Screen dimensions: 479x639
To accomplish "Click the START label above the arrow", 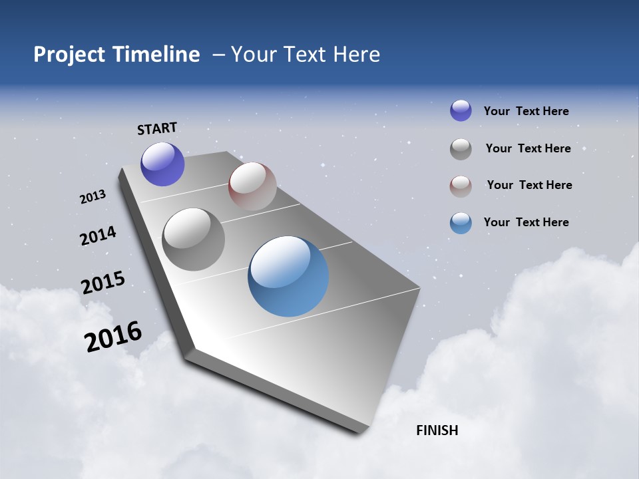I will tap(157, 128).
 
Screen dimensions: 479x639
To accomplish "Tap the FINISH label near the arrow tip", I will tap(437, 430).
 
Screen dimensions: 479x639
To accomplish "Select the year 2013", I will tap(93, 197).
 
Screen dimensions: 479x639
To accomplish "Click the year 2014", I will tap(98, 236).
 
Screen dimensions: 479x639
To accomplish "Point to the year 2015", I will tap(103, 283).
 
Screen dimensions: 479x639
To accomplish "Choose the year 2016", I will tap(113, 337).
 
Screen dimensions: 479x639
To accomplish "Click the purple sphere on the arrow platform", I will tap(162, 164).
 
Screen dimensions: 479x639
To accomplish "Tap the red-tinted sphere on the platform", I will tap(252, 186).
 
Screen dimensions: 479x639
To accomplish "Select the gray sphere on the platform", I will tap(194, 239).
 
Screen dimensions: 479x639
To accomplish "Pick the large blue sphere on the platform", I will tap(288, 275).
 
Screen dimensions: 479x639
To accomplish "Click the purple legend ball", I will tap(461, 110).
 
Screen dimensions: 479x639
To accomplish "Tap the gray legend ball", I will tap(461, 149).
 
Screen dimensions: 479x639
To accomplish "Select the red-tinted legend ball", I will tap(461, 186).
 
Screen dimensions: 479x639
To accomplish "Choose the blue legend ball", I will tap(461, 223).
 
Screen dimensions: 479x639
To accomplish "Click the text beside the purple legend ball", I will tap(526, 111).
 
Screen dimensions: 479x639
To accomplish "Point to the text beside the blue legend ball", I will tap(526, 222).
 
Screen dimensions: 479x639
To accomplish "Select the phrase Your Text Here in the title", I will tap(306, 55).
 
